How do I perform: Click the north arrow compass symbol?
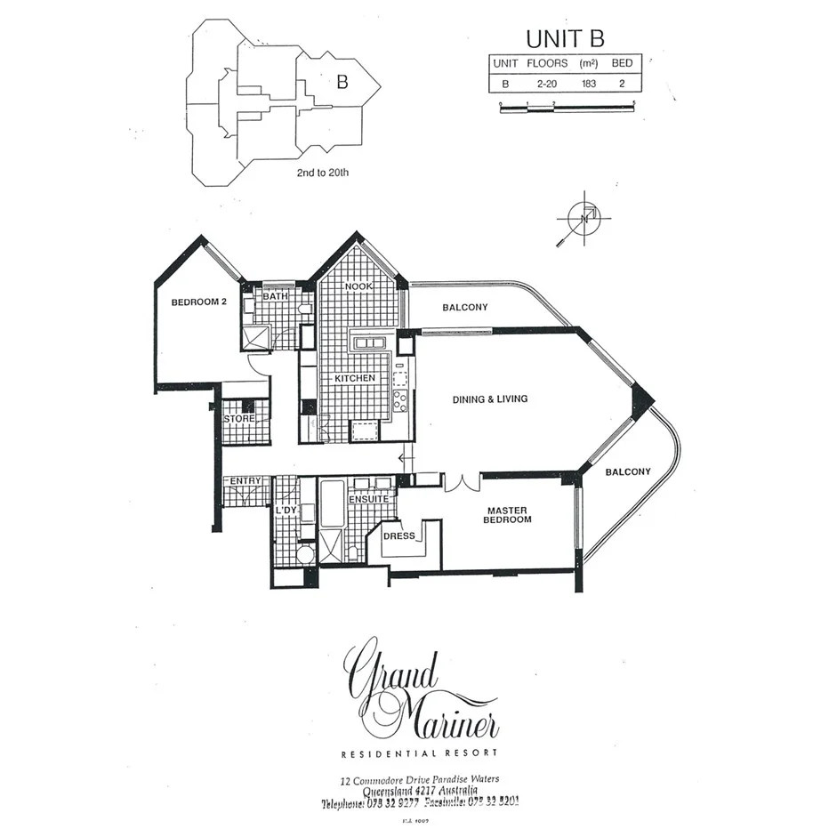pos(583,217)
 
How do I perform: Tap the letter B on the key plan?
pos(342,82)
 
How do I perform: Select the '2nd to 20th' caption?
pos(322,173)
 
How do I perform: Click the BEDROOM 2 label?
pos(199,302)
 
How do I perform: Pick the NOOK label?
pos(357,286)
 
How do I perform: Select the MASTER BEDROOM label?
pos(507,515)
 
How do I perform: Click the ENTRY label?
pos(246,481)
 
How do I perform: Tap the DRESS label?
pos(398,535)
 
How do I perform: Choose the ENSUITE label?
pos(368,500)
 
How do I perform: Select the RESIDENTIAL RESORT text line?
pos(420,754)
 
